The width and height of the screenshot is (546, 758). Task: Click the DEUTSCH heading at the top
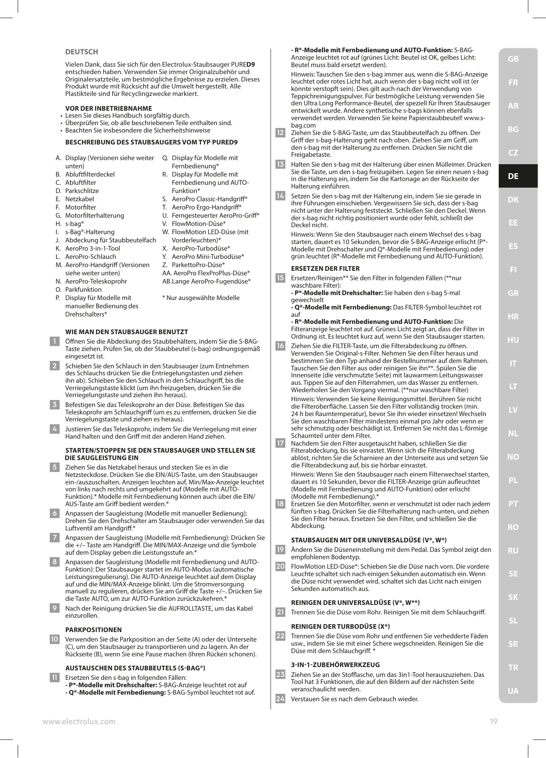coord(82,52)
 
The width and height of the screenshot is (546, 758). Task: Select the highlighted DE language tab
coord(513,176)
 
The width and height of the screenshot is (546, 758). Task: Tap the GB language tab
coord(513,59)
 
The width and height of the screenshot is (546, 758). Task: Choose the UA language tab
coord(513,691)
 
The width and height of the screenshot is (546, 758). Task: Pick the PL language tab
coord(513,480)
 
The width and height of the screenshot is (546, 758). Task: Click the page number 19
coord(493,721)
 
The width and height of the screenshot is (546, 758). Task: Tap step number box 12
coord(280,133)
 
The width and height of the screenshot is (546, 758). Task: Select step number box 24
coord(280,699)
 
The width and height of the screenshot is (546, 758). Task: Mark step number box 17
coord(280,443)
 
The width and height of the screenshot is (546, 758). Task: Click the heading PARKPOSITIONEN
coord(93,630)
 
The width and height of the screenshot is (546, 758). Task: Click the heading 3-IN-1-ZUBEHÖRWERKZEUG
coord(335,665)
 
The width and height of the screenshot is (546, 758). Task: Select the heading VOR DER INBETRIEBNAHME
coord(109,108)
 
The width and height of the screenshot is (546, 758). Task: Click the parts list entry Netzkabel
coord(79,199)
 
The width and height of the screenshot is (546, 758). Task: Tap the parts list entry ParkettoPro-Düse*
coord(198,265)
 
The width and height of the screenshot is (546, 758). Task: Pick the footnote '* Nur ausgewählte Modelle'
coord(201,298)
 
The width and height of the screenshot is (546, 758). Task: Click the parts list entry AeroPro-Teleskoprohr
coord(96,281)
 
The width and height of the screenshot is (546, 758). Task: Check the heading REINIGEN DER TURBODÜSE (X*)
coord(340,626)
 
